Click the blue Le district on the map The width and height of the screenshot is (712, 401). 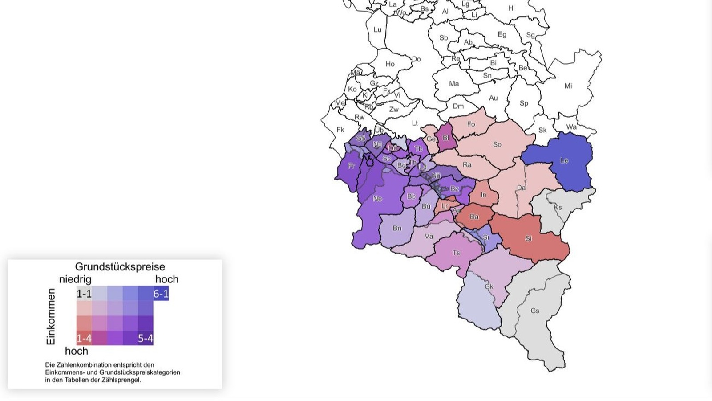tap(564, 161)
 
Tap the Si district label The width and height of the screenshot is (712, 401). tap(528, 239)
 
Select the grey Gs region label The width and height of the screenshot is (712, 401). tap(535, 311)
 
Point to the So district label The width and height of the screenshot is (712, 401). tap(497, 144)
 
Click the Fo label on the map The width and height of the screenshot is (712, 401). tap(471, 124)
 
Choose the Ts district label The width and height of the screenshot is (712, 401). tap(456, 253)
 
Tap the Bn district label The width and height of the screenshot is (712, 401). tap(397, 228)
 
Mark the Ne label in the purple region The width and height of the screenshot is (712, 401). tap(377, 199)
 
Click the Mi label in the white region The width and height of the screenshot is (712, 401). tap(568, 86)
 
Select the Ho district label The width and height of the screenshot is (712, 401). tap(390, 64)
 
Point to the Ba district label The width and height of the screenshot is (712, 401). tap(474, 217)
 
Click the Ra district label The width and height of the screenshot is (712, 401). tap(467, 165)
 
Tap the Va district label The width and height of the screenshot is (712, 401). tap(429, 236)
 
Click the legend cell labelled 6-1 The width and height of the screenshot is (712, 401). tap(161, 294)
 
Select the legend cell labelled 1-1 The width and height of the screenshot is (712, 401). tap(84, 294)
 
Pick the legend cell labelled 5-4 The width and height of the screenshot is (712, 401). tap(146, 338)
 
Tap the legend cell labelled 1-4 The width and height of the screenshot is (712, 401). tap(84, 338)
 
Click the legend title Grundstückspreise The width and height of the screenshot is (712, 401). tap(120, 267)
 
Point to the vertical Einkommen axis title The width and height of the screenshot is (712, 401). tap(51, 316)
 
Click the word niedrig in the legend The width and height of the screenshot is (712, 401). tap(75, 279)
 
